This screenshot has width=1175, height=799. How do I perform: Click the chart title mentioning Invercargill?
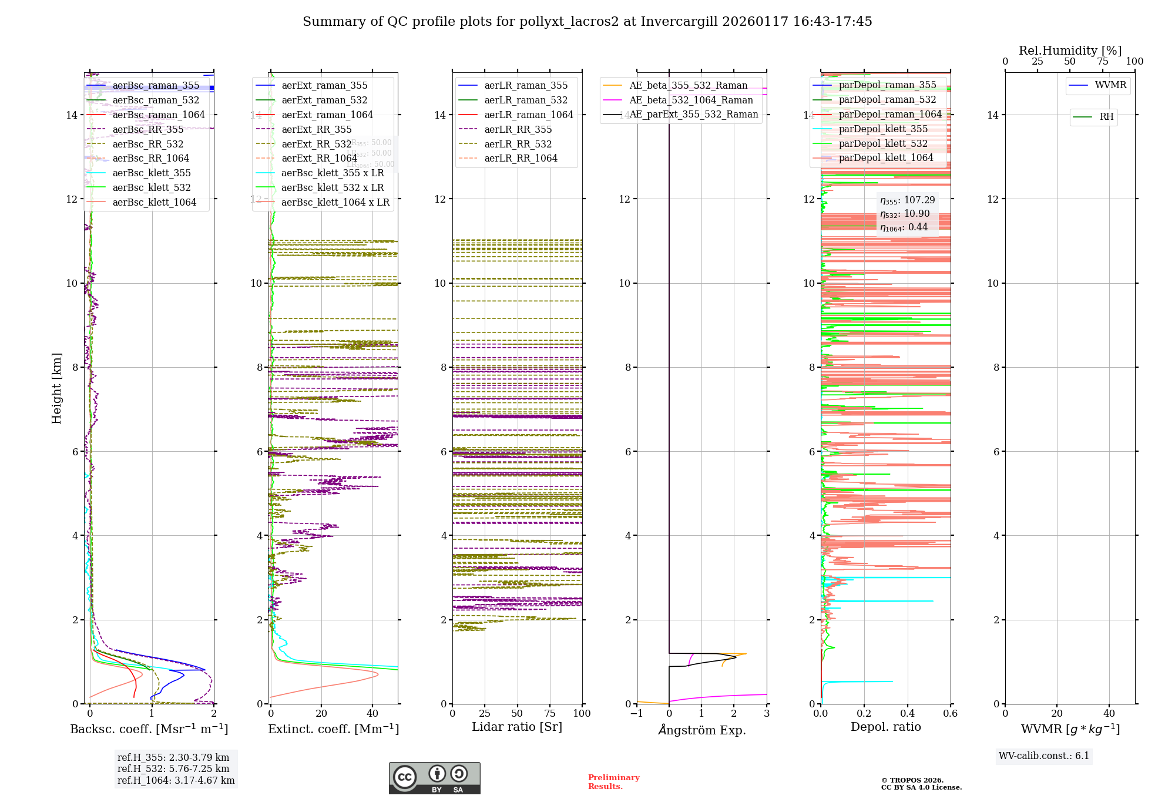587,22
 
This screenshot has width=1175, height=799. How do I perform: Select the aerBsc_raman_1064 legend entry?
159,115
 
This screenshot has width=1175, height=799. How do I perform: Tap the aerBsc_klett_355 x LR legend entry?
333,173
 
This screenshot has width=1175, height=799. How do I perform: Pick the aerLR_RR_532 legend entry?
518,144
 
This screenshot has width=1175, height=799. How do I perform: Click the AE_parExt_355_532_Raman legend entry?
693,115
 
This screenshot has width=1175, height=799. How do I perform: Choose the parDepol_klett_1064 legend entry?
885,158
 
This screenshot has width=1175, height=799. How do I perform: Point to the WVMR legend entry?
1110,85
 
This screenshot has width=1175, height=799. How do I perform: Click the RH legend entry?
1106,117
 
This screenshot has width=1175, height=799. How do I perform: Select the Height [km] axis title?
56,388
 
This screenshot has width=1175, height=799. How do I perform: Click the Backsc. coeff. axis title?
149,729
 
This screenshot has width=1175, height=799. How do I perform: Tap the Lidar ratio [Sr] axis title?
517,727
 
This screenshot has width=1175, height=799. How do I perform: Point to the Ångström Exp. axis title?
702,730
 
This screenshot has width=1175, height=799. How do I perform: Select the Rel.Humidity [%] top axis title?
1070,51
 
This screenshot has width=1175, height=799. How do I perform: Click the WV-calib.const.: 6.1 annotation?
1044,756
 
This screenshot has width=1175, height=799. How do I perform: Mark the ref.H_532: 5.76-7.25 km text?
173,768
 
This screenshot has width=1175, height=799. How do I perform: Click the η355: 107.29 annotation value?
907,200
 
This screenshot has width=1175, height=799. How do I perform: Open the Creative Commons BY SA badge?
434,778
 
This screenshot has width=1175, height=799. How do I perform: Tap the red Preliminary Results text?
613,782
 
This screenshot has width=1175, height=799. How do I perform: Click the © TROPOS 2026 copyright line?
912,780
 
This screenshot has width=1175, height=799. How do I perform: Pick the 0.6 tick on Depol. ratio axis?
950,714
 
